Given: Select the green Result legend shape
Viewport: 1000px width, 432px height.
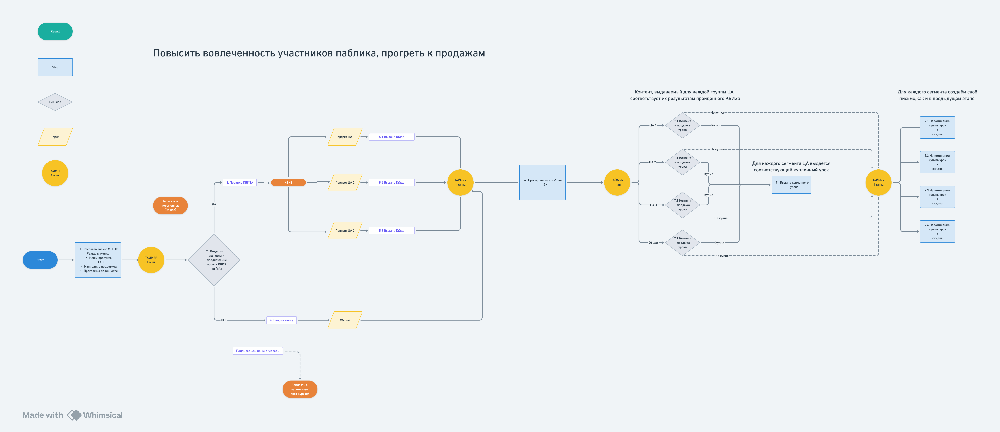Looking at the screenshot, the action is [55, 31].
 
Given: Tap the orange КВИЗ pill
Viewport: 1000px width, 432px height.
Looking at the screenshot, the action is [288, 182].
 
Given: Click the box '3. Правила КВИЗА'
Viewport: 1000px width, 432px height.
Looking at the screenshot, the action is [240, 182].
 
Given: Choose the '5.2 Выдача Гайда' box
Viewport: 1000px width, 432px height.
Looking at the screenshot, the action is [391, 182].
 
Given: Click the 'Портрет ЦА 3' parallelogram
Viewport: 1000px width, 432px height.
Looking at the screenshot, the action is [345, 231].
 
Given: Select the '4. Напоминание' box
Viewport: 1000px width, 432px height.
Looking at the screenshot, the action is [281, 320].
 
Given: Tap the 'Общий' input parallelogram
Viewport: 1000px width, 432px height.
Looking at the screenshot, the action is [345, 320].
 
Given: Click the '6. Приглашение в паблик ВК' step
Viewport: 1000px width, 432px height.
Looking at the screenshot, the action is [542, 182].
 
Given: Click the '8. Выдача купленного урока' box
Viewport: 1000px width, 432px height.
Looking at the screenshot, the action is [791, 185].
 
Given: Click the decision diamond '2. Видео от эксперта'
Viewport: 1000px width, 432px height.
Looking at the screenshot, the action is [214, 260].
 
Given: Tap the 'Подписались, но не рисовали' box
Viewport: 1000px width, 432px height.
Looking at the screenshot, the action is [258, 351].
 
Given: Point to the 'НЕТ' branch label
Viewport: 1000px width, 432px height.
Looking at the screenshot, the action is [224, 320].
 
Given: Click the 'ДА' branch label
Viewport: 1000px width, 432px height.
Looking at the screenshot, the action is [214, 204].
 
